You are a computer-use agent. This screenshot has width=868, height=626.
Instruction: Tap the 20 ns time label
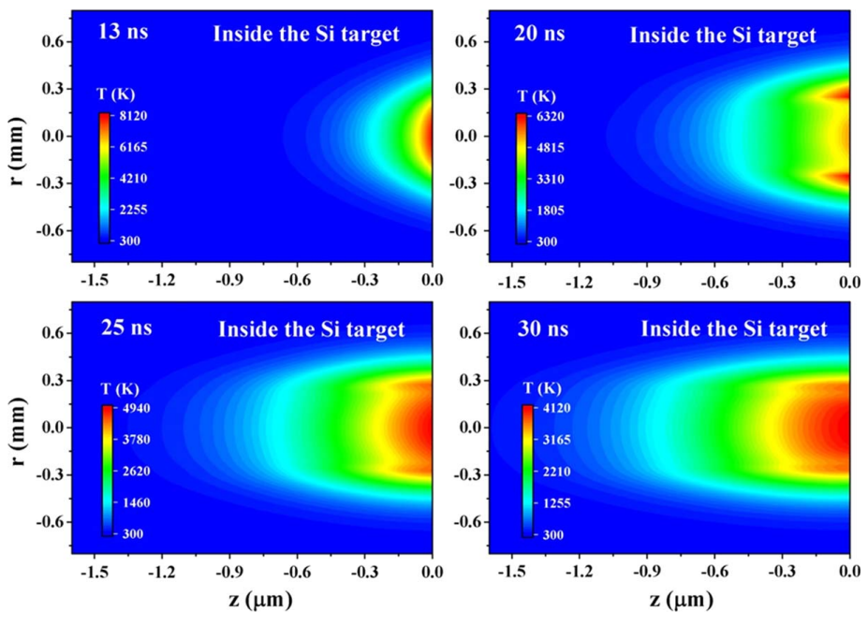point(539,35)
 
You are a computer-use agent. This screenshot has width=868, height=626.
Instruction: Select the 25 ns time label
point(126,328)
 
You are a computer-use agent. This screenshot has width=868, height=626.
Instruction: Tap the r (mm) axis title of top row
point(17,137)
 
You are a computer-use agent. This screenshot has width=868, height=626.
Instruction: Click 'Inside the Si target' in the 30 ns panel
point(734,329)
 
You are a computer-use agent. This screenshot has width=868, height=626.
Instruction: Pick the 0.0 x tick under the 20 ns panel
point(849,280)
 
